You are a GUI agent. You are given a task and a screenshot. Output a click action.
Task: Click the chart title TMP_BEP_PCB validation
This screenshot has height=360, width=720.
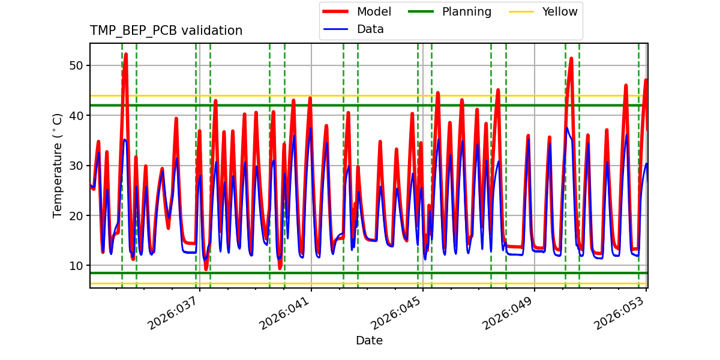pos(166,31)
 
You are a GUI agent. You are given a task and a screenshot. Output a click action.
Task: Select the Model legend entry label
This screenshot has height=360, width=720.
pos(374,12)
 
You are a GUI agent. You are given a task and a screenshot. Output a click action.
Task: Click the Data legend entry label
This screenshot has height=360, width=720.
pos(370,29)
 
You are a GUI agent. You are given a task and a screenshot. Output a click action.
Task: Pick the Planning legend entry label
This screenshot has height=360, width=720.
pos(466,12)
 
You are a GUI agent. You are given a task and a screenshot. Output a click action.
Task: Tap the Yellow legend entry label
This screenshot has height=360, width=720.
pos(559,12)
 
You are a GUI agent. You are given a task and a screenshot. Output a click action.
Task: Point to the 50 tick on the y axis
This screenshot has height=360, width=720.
pos(76,65)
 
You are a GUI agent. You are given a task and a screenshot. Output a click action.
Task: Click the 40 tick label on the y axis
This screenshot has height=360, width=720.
pos(76,115)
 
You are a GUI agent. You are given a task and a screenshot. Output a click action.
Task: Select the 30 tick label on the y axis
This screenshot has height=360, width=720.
pos(76,165)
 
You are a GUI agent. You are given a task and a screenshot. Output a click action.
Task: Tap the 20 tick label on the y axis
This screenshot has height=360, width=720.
pos(76,215)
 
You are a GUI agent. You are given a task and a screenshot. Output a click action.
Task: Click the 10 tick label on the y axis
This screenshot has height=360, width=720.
pos(76,265)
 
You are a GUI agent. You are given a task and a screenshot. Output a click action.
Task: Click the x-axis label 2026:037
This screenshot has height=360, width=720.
pos(173,313)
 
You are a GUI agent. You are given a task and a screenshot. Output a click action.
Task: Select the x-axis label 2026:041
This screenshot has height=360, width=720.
pos(285,313)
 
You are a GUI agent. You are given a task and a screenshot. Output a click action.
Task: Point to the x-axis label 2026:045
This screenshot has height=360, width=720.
pos(397,313)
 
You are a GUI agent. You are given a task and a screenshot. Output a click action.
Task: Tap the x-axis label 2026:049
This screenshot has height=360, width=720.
pos(508,313)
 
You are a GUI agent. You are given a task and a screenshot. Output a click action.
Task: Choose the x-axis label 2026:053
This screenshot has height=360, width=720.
pos(620,313)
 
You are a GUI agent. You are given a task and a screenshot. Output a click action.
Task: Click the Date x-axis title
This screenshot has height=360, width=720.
pos(369,341)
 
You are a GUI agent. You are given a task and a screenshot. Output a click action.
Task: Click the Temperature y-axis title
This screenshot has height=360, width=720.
pos(58,166)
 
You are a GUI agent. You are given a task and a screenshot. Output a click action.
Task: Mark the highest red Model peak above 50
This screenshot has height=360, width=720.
pos(125,54)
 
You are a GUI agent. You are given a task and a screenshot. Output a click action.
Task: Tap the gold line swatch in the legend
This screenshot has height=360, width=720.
pos(521,12)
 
